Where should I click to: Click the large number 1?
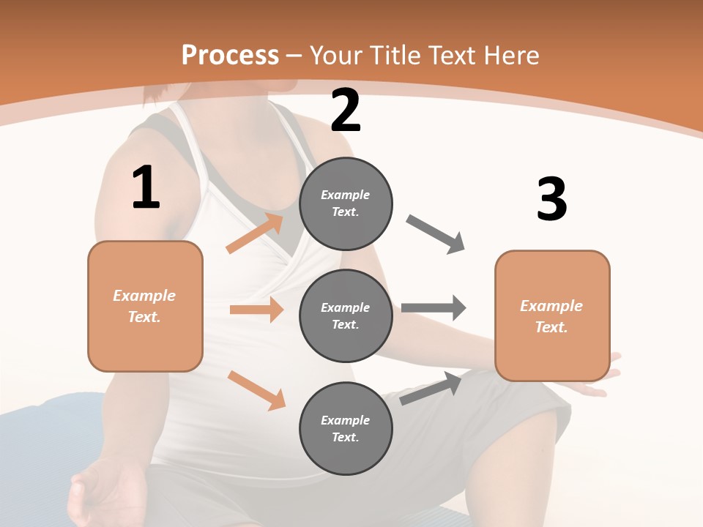click(x=146, y=188)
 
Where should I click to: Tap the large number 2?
click(x=346, y=111)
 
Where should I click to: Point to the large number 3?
click(x=551, y=200)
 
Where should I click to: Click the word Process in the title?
click(x=230, y=55)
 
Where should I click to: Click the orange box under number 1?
click(x=145, y=306)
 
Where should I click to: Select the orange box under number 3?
click(x=552, y=315)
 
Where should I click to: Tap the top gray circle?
click(x=346, y=203)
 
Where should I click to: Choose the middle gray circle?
click(x=346, y=315)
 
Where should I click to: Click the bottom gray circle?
click(x=346, y=428)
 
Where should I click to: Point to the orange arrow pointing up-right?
click(x=255, y=233)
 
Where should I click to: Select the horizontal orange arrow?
click(x=256, y=310)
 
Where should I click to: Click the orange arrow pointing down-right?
click(x=256, y=390)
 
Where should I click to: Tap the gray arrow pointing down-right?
click(x=436, y=234)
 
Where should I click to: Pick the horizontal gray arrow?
click(x=434, y=307)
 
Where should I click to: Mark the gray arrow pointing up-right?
click(x=431, y=388)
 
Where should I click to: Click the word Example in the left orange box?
click(x=144, y=296)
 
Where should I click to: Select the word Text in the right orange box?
click(x=550, y=327)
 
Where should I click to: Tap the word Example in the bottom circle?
click(x=345, y=420)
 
